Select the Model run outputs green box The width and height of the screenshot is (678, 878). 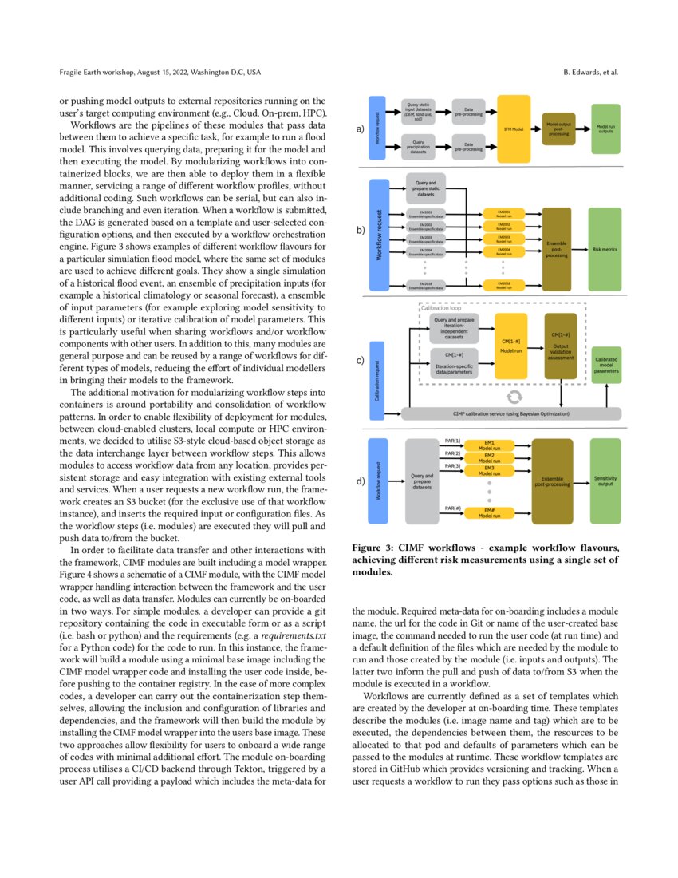[x=605, y=129]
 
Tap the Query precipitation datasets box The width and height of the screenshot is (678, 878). [x=424, y=147]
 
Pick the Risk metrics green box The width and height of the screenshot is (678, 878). [x=605, y=249]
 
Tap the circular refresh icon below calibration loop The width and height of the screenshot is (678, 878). [x=514, y=396]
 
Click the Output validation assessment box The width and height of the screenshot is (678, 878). [x=561, y=346]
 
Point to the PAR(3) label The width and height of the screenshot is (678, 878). [x=451, y=465]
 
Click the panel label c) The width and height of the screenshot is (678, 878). [x=361, y=361]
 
